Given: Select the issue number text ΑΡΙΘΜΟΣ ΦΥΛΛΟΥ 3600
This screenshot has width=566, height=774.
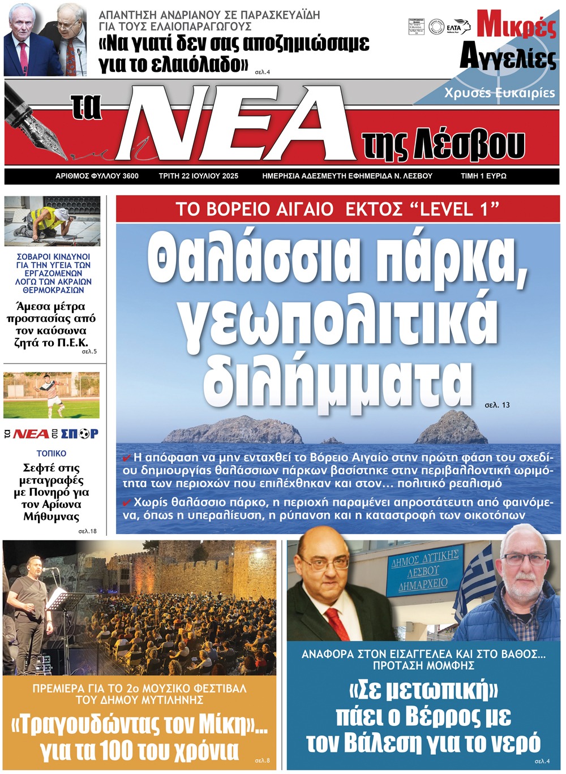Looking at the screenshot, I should click(97, 176).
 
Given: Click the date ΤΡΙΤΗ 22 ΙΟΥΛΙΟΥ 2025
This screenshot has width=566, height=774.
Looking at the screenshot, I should click(198, 176).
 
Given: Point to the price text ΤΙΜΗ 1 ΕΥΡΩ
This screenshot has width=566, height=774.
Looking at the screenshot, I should click(483, 176).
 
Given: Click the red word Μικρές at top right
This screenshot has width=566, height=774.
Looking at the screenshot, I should click(516, 25).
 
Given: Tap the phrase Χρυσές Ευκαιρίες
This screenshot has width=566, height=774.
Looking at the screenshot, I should click(499, 93).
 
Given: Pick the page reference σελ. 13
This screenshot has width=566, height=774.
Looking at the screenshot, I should click(497, 405).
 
